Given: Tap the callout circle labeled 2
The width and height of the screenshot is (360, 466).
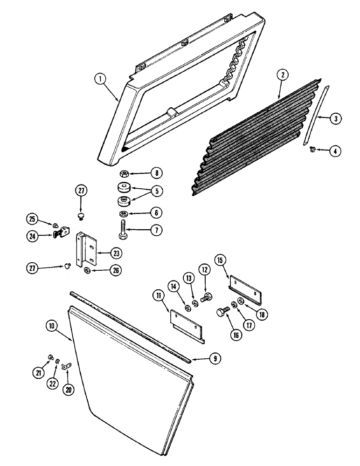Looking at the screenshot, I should pos(281,74).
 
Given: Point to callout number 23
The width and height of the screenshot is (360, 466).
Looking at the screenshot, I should pos(116,253).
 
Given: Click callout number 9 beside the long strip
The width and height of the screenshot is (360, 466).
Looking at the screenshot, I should pos(215,358).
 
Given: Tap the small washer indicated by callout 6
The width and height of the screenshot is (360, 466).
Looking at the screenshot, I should pos(124,213).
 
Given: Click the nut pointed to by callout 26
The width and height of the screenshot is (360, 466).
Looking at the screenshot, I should pos(87,271).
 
